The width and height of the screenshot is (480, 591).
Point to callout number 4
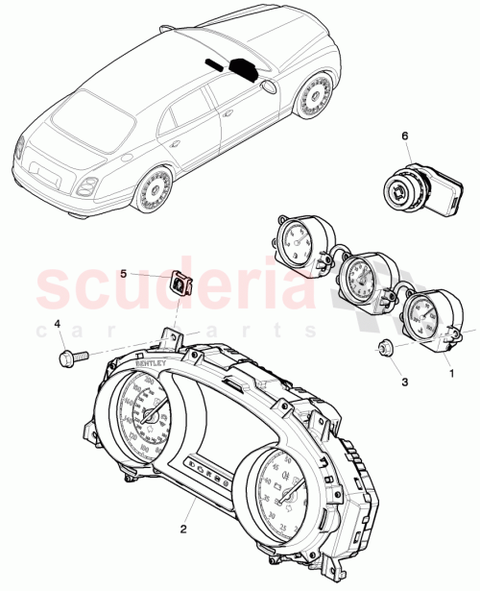(57, 324)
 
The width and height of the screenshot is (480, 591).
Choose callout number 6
(405, 137)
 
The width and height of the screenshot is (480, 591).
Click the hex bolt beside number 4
(71, 357)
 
